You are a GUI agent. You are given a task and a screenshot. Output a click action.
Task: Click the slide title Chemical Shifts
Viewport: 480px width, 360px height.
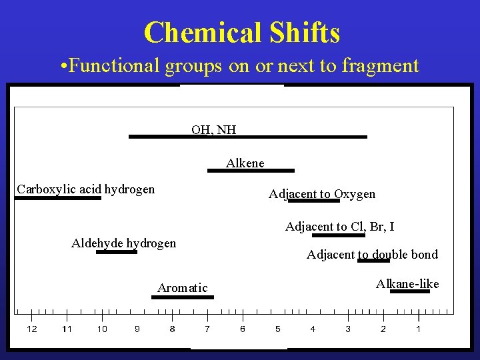click(241, 32)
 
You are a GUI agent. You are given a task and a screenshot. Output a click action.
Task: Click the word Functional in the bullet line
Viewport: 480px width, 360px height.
click(106, 65)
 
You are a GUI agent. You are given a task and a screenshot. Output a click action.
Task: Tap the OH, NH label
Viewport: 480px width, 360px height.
click(213, 129)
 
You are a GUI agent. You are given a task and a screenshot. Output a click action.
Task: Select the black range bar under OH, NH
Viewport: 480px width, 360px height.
click(247, 137)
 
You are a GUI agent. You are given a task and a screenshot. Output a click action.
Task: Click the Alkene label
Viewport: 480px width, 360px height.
click(245, 163)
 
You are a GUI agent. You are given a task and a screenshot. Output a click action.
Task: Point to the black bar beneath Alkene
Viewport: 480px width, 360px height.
click(251, 171)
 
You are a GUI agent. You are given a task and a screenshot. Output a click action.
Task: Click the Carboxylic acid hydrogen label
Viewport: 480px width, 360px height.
click(85, 189)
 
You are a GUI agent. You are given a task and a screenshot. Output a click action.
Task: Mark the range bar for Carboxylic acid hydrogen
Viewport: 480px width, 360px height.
click(58, 198)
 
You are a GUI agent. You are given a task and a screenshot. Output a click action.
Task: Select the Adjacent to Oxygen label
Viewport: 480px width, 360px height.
click(322, 194)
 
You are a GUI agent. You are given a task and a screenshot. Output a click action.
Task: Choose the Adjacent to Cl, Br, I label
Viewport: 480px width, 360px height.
click(340, 227)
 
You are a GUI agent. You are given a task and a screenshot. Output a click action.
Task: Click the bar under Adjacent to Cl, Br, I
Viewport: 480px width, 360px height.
click(339, 235)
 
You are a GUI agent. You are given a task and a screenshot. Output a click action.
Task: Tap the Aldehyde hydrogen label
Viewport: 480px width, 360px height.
click(123, 243)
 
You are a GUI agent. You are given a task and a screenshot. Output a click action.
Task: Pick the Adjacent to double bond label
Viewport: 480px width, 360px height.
click(372, 254)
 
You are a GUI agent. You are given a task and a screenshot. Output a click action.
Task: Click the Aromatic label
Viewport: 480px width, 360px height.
click(182, 288)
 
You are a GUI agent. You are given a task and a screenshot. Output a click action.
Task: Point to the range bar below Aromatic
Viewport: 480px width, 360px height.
click(183, 297)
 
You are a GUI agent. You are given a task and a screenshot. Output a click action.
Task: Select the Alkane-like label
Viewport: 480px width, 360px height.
click(407, 284)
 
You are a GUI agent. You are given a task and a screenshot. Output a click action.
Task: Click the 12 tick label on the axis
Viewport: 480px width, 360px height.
click(32, 329)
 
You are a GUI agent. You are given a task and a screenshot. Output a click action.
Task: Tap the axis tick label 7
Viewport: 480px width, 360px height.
click(207, 329)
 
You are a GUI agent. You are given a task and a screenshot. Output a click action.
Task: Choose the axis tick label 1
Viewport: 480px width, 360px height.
click(418, 329)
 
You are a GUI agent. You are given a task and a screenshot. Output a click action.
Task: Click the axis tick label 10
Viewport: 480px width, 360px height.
click(102, 329)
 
